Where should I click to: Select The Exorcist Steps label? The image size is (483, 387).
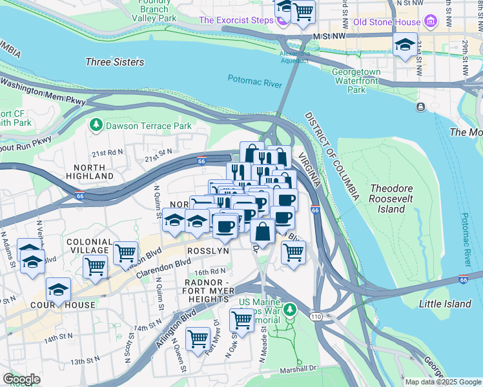[236, 20]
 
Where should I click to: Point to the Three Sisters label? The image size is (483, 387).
[114, 63]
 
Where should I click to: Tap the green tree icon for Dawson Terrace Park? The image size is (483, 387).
[97, 124]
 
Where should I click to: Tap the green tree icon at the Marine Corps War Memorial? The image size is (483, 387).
[291, 310]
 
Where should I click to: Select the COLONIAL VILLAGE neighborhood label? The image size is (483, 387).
[89, 246]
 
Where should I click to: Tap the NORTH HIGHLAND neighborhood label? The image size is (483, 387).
[89, 170]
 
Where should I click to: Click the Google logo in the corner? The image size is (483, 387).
[22, 379]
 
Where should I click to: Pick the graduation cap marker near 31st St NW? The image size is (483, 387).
[405, 46]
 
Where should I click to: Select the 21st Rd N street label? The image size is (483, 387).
[107, 153]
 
